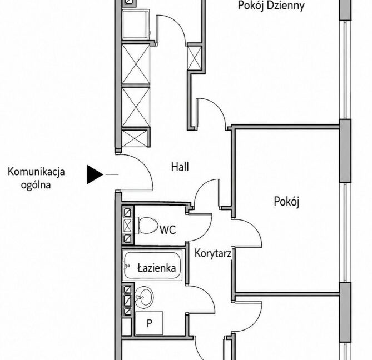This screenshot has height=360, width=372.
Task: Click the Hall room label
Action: pos(180,167)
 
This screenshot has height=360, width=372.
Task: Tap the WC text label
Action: pos(168,229)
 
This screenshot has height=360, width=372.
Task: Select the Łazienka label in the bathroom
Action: pos(157,268)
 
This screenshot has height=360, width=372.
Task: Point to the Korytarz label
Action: pos(213,253)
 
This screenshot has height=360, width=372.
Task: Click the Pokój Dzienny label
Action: pos(271,6)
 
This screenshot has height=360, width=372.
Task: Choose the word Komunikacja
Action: pos(36,172)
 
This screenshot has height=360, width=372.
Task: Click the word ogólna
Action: pos(36,184)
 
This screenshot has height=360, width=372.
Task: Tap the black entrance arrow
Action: pos(95,174)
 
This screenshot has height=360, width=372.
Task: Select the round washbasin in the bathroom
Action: pos(144,296)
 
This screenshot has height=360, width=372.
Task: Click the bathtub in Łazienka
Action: pos(152,266)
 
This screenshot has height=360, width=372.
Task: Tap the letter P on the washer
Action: pos(149,323)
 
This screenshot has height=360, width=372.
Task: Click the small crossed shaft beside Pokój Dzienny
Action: pos(195,58)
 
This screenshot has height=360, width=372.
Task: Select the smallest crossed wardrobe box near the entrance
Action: pos(135,138)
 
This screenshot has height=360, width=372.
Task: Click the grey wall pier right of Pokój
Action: pos(345,151)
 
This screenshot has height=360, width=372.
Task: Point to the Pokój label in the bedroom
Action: pos(286,202)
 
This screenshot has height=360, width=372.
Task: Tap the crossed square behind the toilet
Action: pos(127,226)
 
